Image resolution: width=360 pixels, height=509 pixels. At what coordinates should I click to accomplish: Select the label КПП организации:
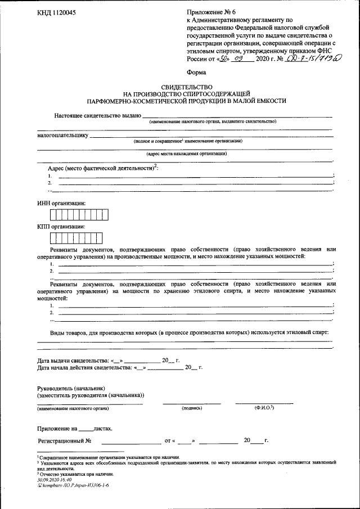pos(61,226)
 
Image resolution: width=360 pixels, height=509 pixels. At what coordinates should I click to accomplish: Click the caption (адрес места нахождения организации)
pos(186,153)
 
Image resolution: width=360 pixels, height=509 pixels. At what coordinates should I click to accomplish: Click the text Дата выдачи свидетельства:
pos(72,360)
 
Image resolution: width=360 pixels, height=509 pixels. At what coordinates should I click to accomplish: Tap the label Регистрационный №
pos(64,440)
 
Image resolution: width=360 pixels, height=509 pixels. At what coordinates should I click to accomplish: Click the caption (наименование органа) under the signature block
pos(70,408)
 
